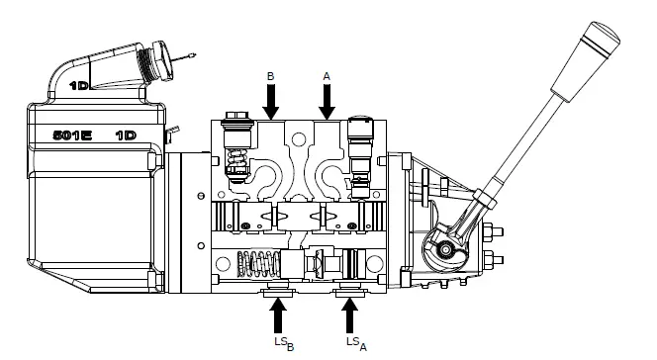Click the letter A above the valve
click(x=327, y=74)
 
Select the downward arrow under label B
click(x=272, y=101)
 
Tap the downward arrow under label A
click(x=328, y=101)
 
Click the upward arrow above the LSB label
click(x=279, y=315)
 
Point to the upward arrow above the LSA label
click(x=349, y=315)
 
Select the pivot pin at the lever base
click(x=450, y=251)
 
